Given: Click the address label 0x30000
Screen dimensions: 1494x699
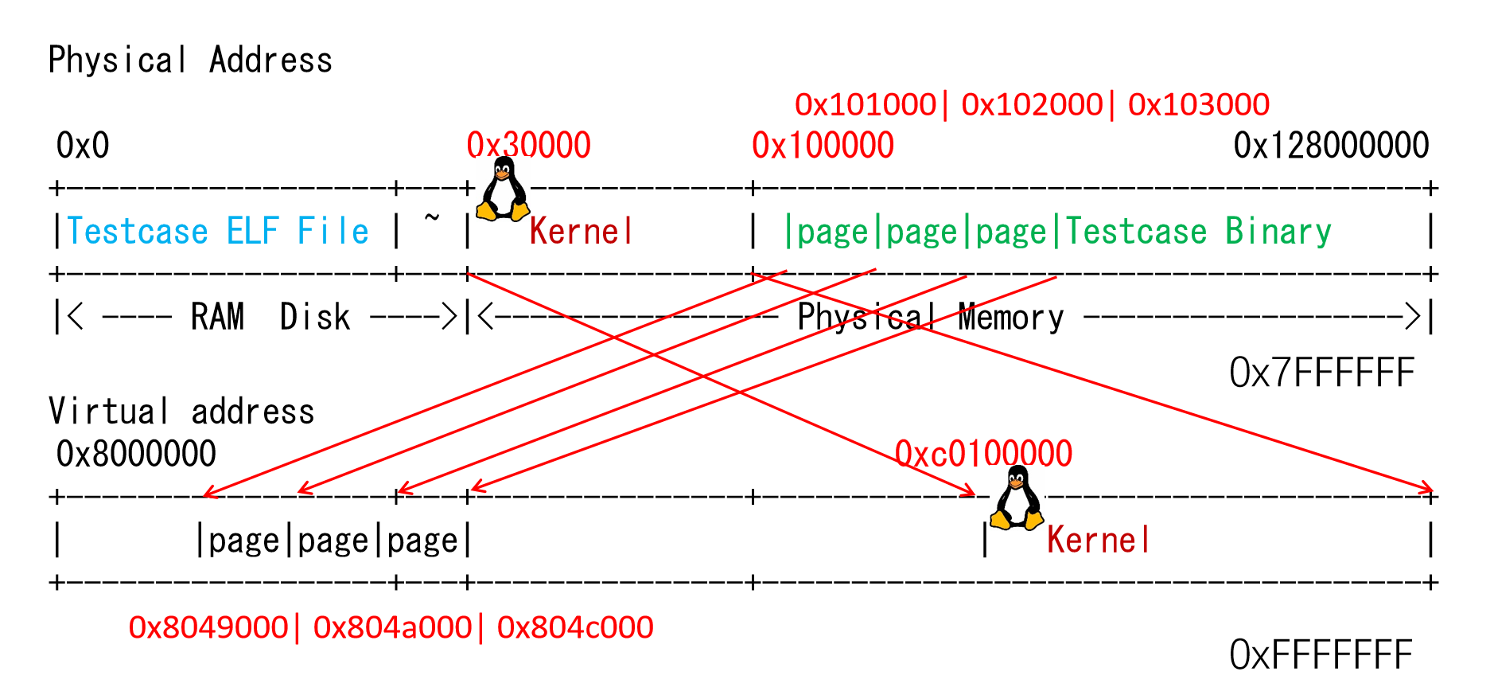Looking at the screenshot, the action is tap(528, 146).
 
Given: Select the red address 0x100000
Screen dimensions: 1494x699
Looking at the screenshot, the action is tap(823, 146).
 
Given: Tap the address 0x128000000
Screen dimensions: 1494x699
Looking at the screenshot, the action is tap(1331, 146).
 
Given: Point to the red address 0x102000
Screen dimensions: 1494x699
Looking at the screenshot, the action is tap(1032, 104).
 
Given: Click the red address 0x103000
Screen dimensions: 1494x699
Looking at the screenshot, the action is tap(1199, 104).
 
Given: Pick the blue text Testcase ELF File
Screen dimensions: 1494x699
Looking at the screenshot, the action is tap(217, 232).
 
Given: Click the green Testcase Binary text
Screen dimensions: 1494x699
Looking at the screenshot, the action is tap(1198, 232).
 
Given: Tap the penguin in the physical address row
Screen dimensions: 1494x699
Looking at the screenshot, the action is tap(503, 189).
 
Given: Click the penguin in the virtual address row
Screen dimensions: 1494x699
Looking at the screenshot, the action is tap(1017, 498).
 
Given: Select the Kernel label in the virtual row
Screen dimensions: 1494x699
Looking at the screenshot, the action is tap(1098, 541).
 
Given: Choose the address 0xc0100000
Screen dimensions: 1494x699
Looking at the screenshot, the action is tap(983, 454).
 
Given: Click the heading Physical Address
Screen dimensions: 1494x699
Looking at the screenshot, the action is tap(190, 61).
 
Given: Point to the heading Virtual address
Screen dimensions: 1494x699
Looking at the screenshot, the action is tap(181, 412).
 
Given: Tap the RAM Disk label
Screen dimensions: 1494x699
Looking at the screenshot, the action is tap(270, 317).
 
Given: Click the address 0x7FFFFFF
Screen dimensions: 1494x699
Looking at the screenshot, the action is tap(1322, 373).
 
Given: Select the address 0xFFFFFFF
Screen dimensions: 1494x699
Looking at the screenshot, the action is tap(1321, 655).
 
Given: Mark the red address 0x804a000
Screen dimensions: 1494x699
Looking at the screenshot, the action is tap(392, 627).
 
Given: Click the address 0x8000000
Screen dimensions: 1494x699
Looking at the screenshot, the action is tap(136, 454).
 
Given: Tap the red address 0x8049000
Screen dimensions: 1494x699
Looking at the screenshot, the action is tap(208, 627).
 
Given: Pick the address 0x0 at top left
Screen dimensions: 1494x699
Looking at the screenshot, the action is tap(83, 146).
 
